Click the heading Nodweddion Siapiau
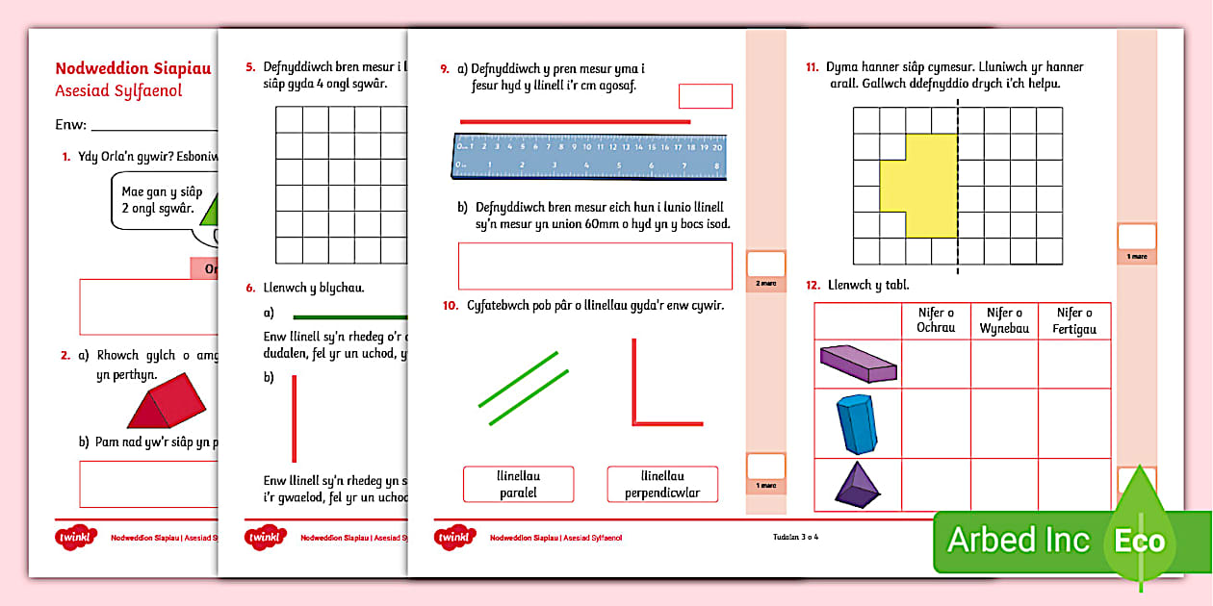pos(132,68)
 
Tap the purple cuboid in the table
pos(858,363)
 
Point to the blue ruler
pos(588,156)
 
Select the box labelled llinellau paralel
pos(518,484)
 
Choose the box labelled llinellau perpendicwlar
pos(662,484)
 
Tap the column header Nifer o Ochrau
pos(936,320)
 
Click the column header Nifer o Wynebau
pos(1004,320)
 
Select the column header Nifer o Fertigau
pos(1074,320)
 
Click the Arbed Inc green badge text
pos(1019,540)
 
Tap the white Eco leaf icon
pos(1141,540)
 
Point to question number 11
pos(813,67)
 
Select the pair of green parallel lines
pos(524,389)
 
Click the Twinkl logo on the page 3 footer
pos(455,537)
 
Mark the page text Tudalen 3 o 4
pos(795,537)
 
